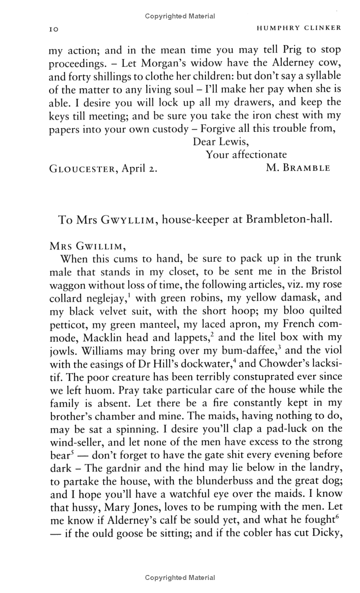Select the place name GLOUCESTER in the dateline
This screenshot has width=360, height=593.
point(82,169)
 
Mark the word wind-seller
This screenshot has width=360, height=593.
point(76,441)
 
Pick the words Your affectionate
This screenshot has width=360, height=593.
point(246,155)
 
